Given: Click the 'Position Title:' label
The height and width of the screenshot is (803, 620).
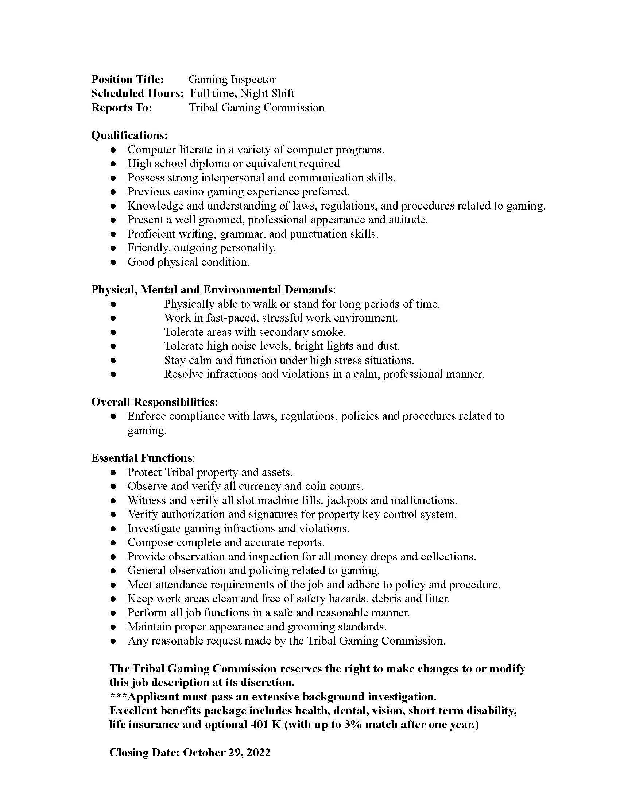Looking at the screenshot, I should [127, 80].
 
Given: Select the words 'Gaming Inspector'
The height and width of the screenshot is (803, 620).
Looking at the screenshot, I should [232, 80].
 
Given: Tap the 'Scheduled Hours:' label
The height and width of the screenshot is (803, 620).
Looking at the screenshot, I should [137, 93].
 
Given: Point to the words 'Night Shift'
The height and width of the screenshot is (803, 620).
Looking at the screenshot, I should [267, 93].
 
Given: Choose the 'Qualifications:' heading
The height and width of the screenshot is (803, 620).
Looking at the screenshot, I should [129, 135].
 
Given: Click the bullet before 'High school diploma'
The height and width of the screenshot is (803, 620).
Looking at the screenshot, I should [113, 164].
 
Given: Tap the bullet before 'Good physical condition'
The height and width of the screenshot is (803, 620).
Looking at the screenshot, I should [113, 262].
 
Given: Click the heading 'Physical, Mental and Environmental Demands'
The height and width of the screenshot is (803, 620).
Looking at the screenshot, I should [212, 290].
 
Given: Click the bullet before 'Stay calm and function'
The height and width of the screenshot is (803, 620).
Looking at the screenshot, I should [113, 360].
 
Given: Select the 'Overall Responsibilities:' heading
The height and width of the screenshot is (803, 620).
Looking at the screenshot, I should [154, 402].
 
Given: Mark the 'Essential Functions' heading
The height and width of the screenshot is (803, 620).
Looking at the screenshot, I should [142, 458].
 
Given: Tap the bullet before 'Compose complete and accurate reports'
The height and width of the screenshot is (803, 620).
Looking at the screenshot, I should [113, 543].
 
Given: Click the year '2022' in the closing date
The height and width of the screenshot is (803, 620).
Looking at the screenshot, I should [258, 753].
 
